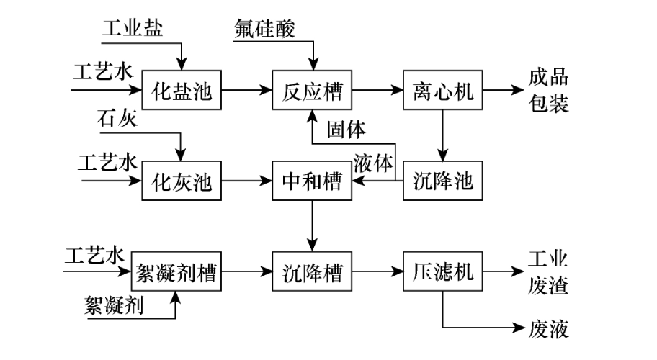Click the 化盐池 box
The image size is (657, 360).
[x=182, y=91]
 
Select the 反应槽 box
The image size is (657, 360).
[x=312, y=91]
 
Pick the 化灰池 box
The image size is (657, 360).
[x=182, y=182]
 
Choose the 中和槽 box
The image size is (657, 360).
[x=312, y=182]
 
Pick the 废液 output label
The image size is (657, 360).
[x=549, y=330]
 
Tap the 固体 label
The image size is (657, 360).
[x=346, y=130]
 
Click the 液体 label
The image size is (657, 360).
[x=374, y=163]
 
